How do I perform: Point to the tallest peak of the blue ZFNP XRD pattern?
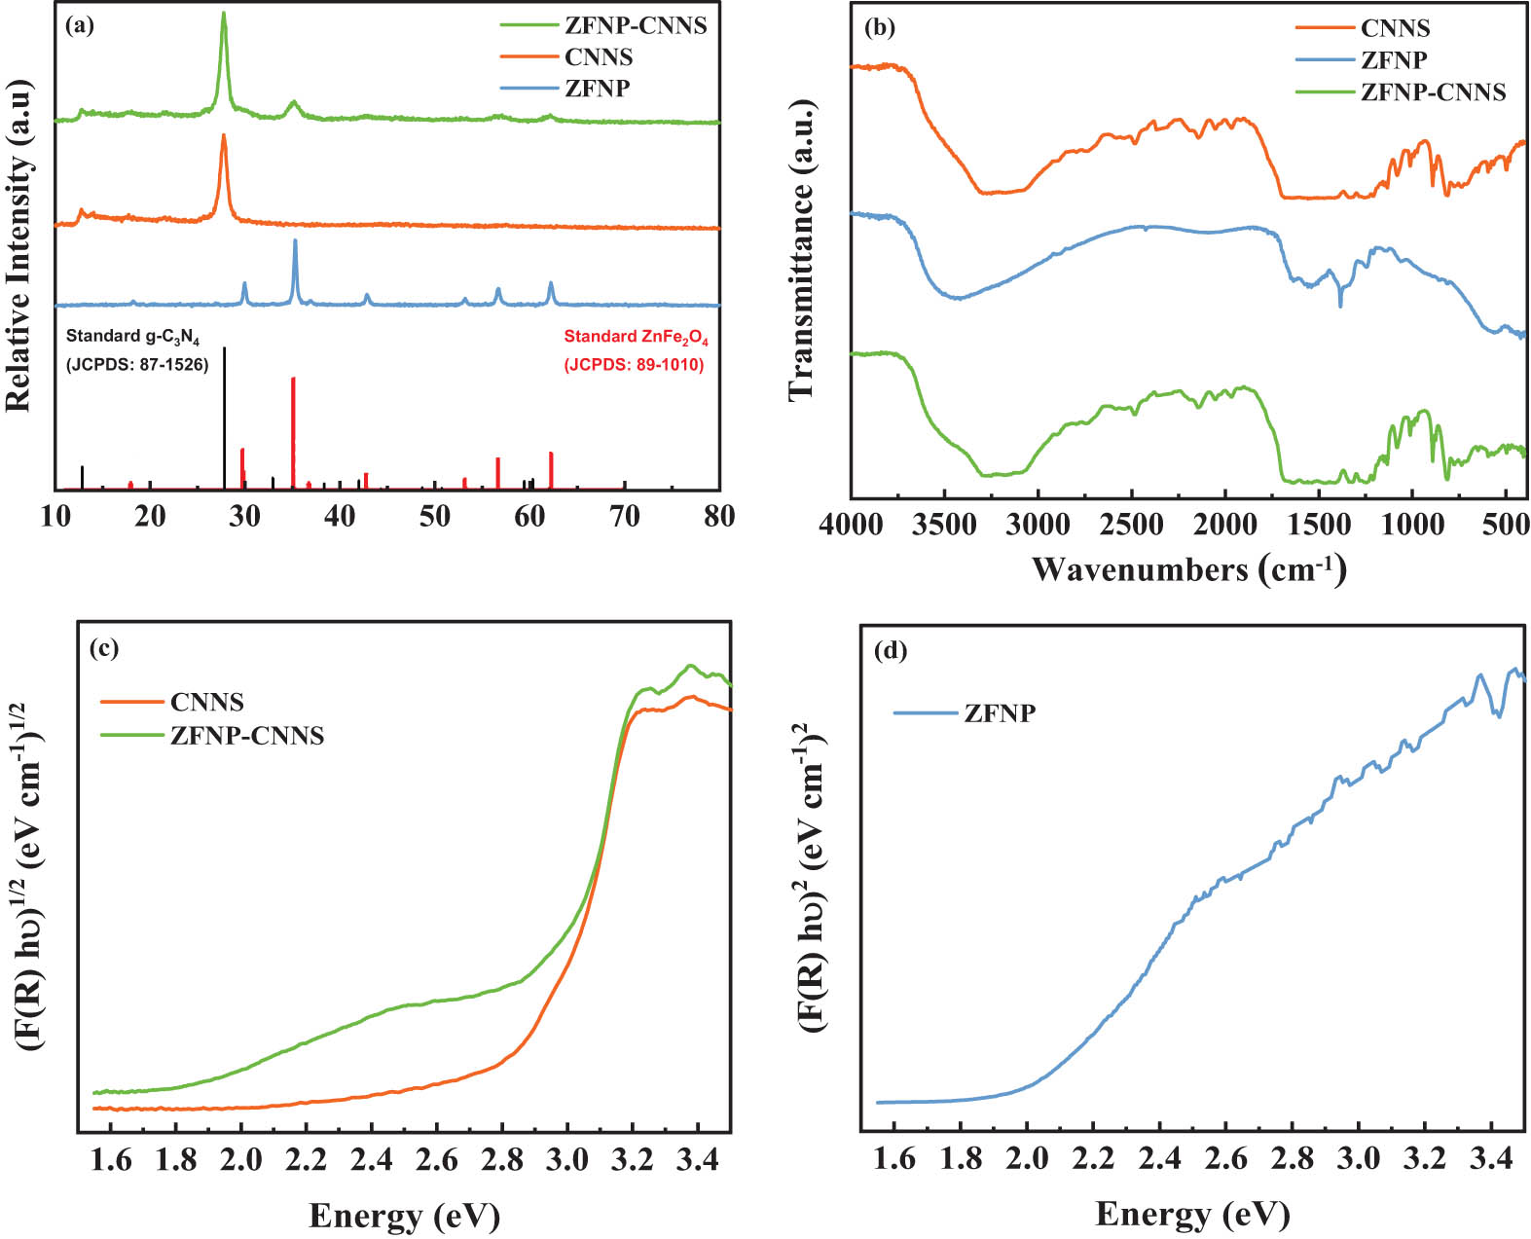tap(295, 241)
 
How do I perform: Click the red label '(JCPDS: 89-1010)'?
tap(634, 365)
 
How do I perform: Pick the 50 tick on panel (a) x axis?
tap(435, 516)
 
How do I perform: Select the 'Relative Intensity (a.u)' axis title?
tap(19, 245)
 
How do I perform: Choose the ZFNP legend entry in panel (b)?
tap(1394, 60)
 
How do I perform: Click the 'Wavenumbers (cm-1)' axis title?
tap(1188, 568)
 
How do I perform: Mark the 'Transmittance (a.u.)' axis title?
tap(801, 248)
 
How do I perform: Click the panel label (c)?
tap(104, 649)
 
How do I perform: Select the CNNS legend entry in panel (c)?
tap(206, 702)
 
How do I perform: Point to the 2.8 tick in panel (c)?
tap(501, 1159)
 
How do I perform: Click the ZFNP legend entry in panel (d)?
tap(1000, 713)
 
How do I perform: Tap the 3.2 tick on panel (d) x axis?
tap(1425, 1158)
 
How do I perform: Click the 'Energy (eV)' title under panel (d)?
tap(1192, 1214)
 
